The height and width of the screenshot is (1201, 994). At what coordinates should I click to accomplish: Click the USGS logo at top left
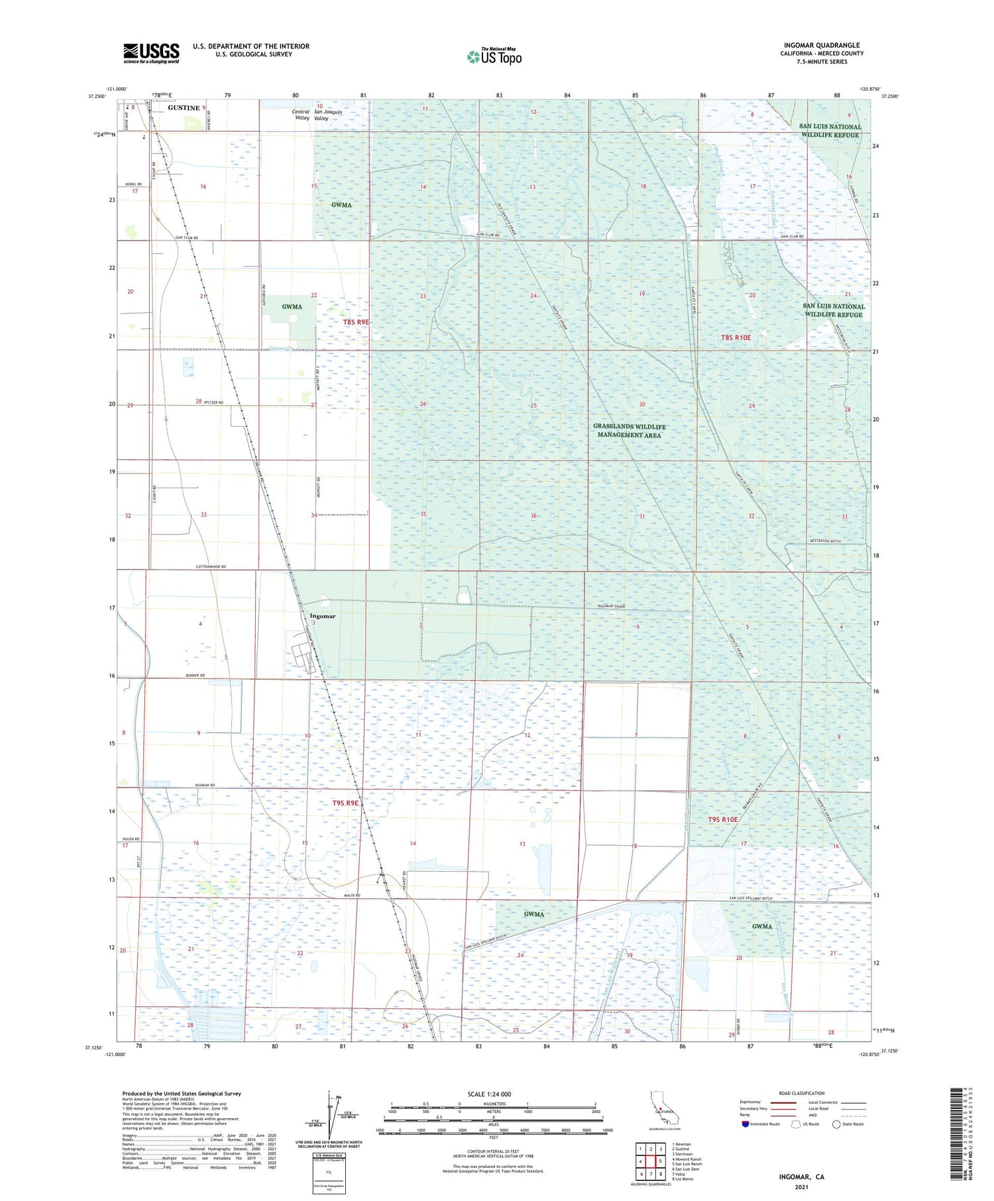pyautogui.click(x=151, y=53)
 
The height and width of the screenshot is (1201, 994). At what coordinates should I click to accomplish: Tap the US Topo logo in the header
pyautogui.click(x=494, y=57)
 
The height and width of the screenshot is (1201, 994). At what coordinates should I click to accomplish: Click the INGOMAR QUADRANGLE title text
pyautogui.click(x=821, y=46)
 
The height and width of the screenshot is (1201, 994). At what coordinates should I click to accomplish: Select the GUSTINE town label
pyautogui.click(x=184, y=108)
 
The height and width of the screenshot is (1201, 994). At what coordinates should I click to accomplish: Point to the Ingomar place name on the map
pyautogui.click(x=323, y=616)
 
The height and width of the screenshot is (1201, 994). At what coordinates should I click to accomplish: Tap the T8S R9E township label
pyautogui.click(x=356, y=322)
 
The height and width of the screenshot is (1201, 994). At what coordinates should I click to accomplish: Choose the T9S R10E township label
pyautogui.click(x=722, y=819)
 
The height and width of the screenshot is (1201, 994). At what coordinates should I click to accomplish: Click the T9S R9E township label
pyautogui.click(x=345, y=803)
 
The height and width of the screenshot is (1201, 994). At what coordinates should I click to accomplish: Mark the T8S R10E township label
pyautogui.click(x=736, y=338)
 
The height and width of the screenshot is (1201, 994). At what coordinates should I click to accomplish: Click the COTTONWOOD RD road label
pyautogui.click(x=211, y=567)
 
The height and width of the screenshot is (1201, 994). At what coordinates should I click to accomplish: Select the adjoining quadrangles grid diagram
pyautogui.click(x=651, y=1161)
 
